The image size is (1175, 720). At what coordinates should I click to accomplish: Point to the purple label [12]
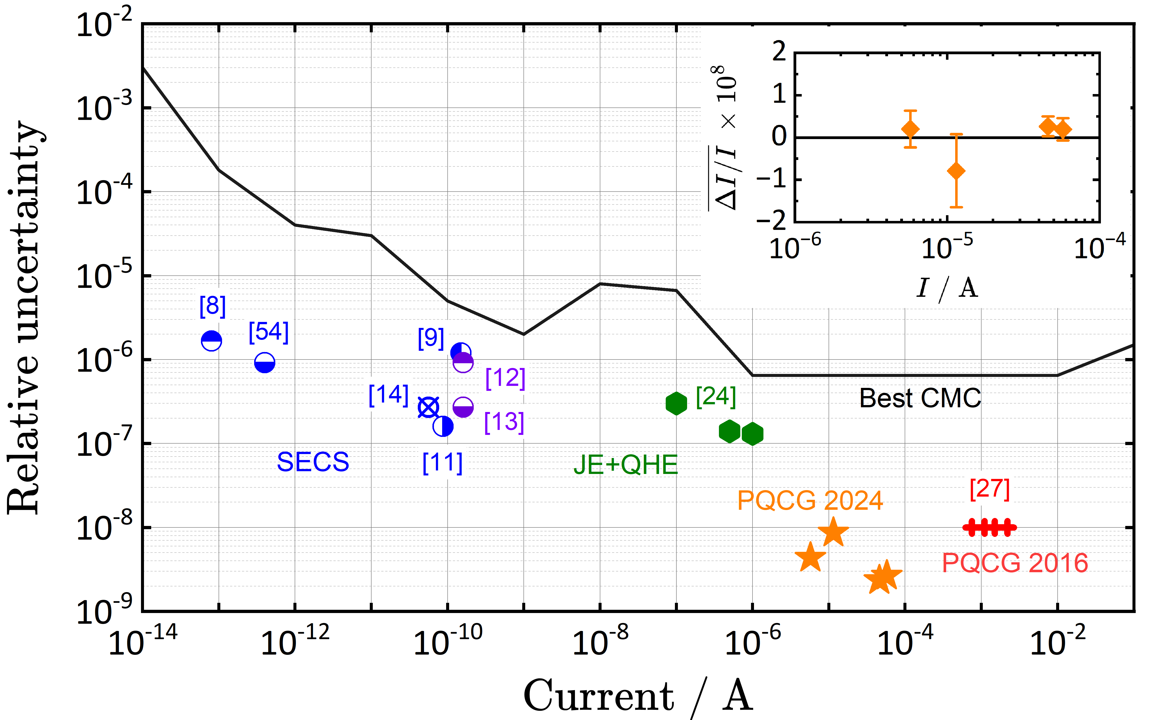[505, 378]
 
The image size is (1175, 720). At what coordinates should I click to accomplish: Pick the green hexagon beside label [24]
[676, 404]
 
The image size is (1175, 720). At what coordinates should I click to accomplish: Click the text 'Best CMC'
[920, 398]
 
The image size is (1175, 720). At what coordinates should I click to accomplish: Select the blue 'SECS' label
[313, 462]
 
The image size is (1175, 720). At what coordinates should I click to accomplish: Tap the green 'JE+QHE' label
[625, 465]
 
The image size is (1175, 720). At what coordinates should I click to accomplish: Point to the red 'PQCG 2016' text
[1015, 563]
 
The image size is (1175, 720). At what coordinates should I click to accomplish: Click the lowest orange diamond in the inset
[956, 171]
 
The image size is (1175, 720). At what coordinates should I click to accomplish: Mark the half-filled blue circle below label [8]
[211, 341]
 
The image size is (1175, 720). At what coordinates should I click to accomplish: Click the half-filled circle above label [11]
[443, 426]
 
